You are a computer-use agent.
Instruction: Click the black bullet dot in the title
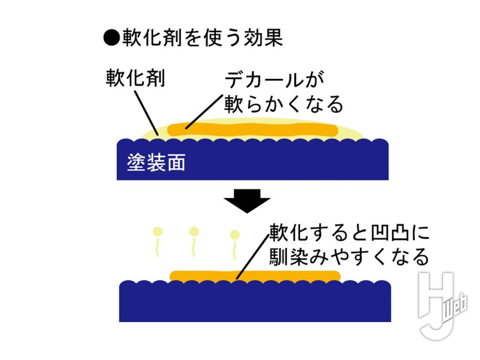coord(112,38)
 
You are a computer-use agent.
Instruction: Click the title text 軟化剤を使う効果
coord(202,38)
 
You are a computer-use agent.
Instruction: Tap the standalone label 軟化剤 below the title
coord(135,78)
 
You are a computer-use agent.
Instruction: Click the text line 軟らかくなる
coord(284,104)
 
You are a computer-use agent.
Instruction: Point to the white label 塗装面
coord(156,162)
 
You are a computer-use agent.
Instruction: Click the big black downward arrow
coord(247,201)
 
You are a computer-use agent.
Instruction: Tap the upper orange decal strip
coord(253,129)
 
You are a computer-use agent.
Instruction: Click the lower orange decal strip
coord(255,277)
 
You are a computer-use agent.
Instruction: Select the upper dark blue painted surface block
coord(253,159)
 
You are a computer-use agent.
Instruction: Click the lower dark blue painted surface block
coord(255,301)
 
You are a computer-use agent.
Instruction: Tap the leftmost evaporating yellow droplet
coord(157,241)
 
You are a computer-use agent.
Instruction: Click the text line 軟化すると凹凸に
coord(349,232)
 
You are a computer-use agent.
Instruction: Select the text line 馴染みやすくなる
coord(349,256)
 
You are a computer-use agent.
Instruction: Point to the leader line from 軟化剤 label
coord(146,113)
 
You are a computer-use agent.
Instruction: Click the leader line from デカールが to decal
coord(204,112)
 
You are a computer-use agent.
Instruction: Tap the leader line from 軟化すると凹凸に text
coord(253,257)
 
